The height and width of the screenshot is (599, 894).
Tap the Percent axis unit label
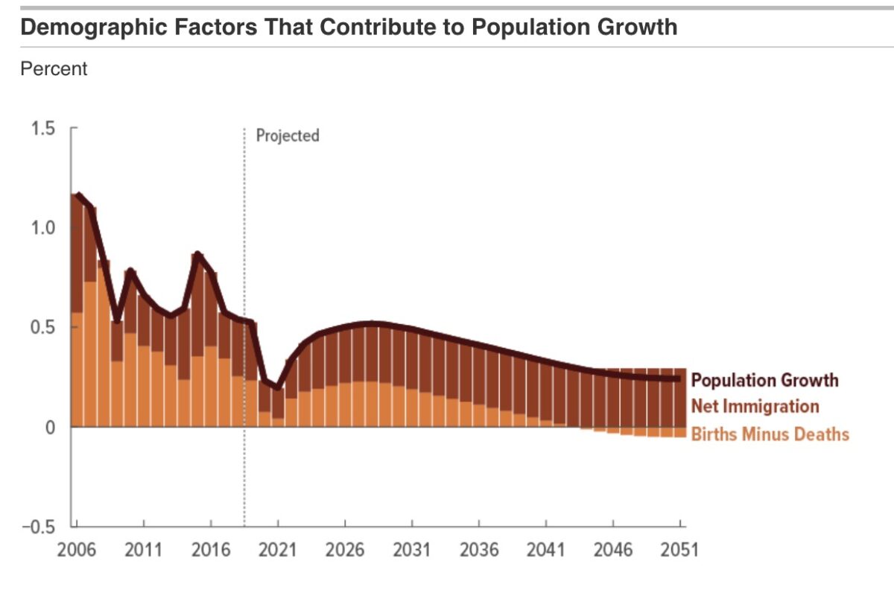pyautogui.click(x=54, y=69)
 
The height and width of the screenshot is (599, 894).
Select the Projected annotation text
pyautogui.click(x=288, y=136)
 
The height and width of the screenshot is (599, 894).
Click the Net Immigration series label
pyautogui.click(x=755, y=407)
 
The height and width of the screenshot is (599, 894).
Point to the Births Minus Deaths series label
pyautogui.click(x=770, y=434)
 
